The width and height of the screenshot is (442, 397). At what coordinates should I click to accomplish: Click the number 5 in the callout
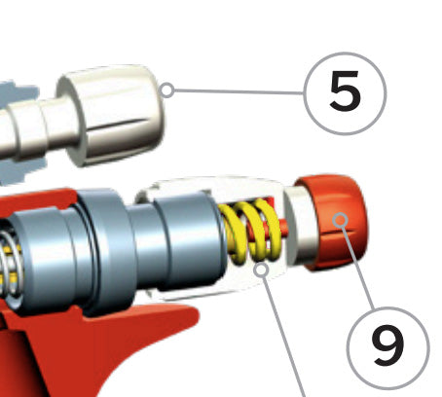[345, 91]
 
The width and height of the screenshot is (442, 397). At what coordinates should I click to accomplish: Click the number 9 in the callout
[387, 346]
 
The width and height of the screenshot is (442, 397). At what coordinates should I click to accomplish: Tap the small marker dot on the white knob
[167, 90]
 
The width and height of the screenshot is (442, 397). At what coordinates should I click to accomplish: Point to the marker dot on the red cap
[340, 220]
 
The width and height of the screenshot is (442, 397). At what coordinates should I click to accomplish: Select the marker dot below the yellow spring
[262, 270]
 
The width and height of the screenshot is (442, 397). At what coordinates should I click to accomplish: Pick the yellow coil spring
[250, 231]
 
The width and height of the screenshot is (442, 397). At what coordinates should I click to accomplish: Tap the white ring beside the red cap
[299, 227]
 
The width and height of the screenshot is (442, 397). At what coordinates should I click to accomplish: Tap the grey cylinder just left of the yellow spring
[190, 240]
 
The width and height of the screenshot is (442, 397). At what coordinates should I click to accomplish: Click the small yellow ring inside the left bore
[7, 261]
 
